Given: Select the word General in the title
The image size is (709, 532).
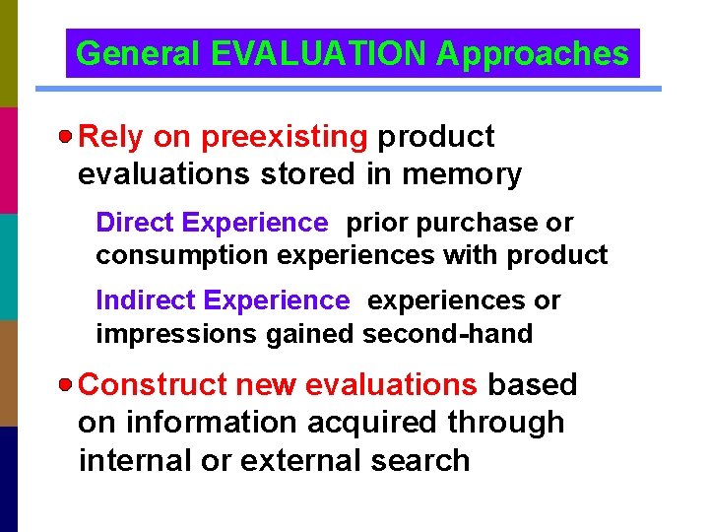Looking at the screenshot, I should (141, 54).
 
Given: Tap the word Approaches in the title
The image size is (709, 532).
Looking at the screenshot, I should (532, 54).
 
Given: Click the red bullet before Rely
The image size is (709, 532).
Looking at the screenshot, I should (66, 136).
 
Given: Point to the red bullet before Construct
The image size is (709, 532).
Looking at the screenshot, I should (66, 384).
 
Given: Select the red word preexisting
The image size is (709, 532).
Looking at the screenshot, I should (284, 137).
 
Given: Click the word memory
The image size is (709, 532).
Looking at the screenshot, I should (462, 174).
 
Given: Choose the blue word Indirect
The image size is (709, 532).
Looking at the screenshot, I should (143, 300).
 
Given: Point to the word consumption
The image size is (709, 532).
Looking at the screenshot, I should (183, 256).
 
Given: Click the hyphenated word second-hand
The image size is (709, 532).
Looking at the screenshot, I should (447, 334).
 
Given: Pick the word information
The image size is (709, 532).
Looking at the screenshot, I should (211, 423).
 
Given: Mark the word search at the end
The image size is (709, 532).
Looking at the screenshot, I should (420, 460).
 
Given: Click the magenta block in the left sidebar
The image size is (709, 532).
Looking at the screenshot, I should (9, 160).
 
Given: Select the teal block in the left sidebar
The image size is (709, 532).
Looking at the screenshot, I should (9, 266).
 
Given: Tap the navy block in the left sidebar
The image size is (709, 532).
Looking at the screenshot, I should (9, 479).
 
